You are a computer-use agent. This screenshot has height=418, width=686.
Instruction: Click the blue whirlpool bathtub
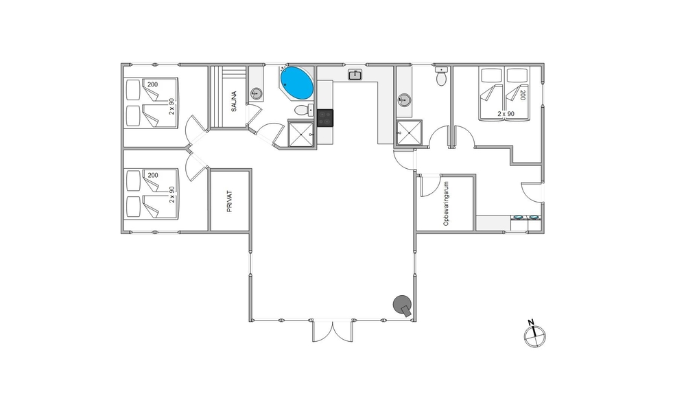coord(296,83)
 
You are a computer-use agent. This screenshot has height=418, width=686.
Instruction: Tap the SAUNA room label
coord(234,101)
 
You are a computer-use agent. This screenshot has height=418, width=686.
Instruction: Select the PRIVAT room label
coord(230,201)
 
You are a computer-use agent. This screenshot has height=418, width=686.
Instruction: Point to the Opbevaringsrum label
coord(446,204)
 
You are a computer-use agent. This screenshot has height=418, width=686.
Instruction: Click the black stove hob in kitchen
coord(325,118)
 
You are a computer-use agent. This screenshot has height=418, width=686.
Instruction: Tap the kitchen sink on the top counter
coord(355,75)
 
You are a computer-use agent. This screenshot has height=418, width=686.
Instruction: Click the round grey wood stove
coord(403,305)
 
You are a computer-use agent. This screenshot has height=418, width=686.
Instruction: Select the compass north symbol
coord(534,335)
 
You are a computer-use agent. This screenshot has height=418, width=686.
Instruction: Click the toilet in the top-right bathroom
coord(441,76)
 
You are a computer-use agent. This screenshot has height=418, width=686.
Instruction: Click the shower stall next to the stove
coord(301,133)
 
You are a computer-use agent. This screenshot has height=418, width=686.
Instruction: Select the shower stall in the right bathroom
coord(409,132)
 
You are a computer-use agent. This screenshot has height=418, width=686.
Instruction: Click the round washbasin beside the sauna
coord(256,93)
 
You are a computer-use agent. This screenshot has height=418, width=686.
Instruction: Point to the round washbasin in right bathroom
coord(404,100)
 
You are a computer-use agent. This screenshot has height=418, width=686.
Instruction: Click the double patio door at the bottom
coord(333,332)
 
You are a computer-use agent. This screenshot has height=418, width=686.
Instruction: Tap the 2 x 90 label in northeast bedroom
coord(506,114)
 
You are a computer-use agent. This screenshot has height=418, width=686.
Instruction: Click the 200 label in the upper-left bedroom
coord(152,84)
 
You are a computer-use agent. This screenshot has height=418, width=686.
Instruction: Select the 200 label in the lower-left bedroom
coord(153,176)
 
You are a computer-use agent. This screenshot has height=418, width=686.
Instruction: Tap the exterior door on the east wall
coord(532,191)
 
